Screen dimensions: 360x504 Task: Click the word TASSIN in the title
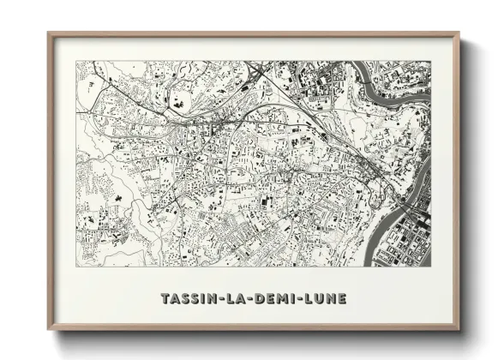(x=188, y=298)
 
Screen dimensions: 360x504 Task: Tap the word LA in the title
(x=234, y=298)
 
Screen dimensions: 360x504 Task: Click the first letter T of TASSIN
(x=165, y=298)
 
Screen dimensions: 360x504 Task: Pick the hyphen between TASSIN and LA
(x=218, y=298)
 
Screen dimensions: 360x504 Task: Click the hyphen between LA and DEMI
(x=249, y=298)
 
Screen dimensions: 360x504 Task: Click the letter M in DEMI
(x=280, y=298)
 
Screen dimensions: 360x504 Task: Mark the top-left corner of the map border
(x=76, y=61)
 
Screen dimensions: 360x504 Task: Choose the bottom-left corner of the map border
(x=76, y=266)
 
